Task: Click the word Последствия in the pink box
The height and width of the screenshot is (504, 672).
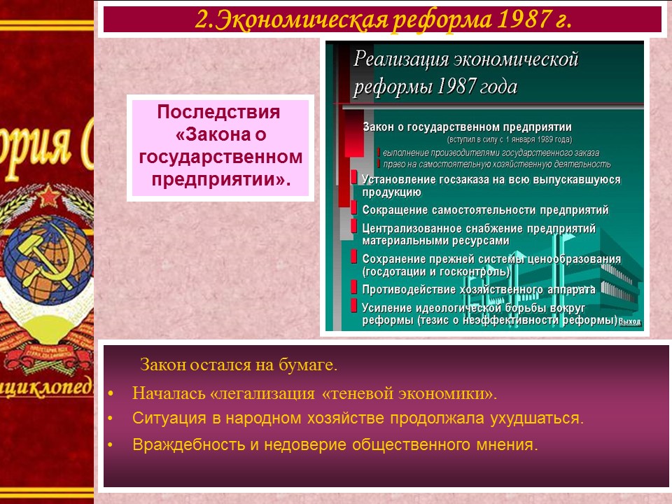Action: point(218,113)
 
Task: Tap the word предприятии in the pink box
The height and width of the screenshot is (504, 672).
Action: point(218,179)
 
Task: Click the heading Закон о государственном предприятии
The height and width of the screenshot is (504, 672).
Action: point(467,127)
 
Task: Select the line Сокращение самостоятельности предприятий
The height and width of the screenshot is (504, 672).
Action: point(485,210)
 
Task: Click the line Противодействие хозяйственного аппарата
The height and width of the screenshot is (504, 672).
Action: point(479,289)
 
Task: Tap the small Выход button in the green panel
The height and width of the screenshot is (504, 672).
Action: point(630,322)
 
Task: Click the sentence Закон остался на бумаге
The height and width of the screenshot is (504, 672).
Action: point(239,365)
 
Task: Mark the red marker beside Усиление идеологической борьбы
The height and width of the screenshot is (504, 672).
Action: point(354,307)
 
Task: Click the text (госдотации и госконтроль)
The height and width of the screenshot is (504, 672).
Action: point(436,270)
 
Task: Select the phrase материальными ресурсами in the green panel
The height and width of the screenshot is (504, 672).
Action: point(435,241)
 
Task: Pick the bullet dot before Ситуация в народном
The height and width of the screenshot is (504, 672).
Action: point(111,419)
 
